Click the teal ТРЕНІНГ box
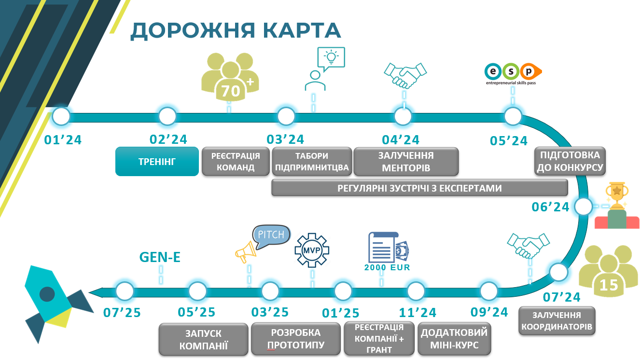(157, 162)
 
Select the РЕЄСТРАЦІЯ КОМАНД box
(236, 162)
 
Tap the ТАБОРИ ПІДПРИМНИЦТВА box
(312, 162)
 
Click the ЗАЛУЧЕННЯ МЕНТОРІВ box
(406, 162)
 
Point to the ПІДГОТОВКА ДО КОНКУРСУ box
(570, 162)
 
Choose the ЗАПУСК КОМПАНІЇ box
(204, 340)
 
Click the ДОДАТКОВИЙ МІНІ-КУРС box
(454, 339)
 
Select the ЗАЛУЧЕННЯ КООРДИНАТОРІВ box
(557, 321)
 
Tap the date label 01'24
(63, 140)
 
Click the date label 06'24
(551, 207)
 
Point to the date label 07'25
(122, 313)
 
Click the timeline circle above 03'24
(286, 116)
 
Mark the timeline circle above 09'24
(488, 291)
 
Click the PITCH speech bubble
(272, 236)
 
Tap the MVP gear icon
(312, 250)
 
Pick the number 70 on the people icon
(230, 91)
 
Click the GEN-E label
(160, 258)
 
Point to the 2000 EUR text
(387, 267)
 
